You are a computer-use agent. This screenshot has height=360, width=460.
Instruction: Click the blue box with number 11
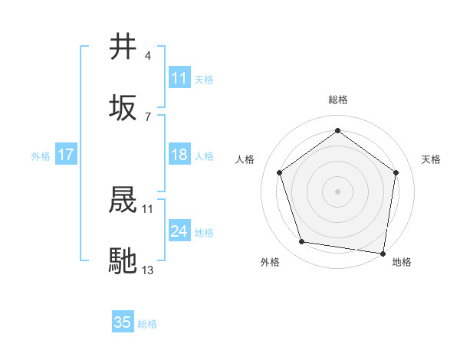[x=179, y=78]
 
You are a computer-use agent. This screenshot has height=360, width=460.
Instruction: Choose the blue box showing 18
[x=179, y=155]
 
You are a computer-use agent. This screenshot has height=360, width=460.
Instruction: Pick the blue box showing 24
[x=179, y=231]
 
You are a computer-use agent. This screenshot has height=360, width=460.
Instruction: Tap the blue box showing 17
[x=66, y=155]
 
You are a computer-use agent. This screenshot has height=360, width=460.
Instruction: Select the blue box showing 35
[x=123, y=322]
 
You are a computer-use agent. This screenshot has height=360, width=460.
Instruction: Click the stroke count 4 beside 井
[x=148, y=56]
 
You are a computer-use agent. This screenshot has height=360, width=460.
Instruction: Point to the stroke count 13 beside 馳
[x=148, y=270]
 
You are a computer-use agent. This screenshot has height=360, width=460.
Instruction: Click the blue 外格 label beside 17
[x=41, y=155]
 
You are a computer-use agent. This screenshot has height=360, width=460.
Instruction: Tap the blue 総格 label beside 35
[x=147, y=323]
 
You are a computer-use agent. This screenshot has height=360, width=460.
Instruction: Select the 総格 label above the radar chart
[x=337, y=100]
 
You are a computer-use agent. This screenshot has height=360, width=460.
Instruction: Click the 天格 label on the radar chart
[x=431, y=159]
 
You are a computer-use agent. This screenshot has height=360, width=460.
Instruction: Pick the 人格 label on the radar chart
[x=245, y=159]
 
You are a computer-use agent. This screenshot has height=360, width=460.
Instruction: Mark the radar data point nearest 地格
[x=381, y=253]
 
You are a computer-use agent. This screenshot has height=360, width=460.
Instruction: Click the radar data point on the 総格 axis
[x=337, y=131]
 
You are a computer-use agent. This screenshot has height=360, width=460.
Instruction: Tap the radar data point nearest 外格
[x=302, y=242]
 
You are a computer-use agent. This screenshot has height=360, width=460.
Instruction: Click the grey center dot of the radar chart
[x=337, y=191]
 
